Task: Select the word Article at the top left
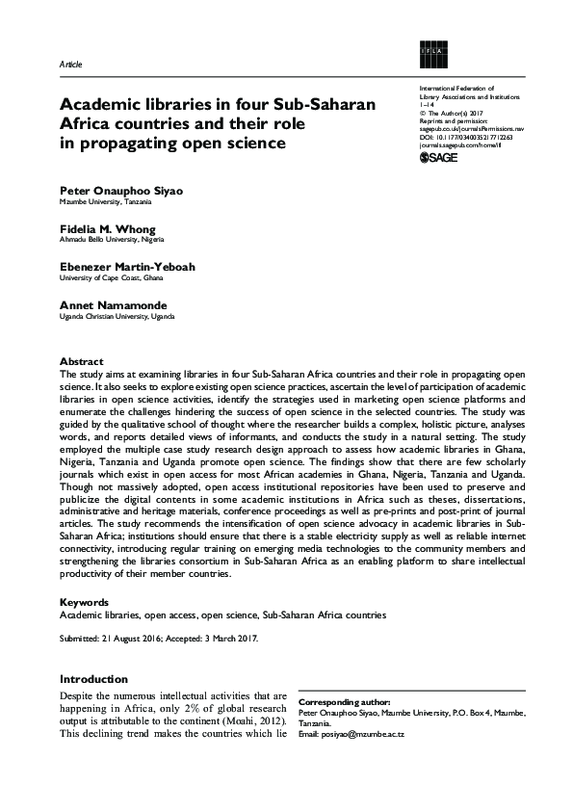click(71, 64)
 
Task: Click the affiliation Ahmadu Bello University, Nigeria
click(107, 240)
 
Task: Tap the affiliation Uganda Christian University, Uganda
click(117, 315)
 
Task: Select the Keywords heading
click(85, 601)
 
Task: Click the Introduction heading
click(93, 679)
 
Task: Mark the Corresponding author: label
click(345, 703)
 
